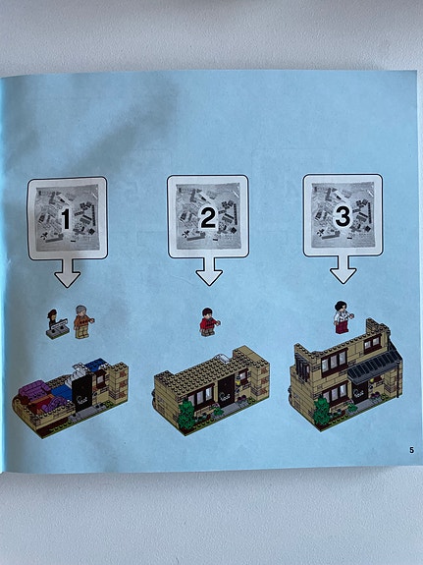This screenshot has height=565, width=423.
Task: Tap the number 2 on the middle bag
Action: [207, 218]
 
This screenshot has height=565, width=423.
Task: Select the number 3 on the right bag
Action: [343, 217]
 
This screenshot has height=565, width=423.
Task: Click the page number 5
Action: [412, 450]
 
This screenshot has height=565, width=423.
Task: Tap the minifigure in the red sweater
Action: [208, 321]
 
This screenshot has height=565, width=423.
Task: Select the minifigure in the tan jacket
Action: [82, 323]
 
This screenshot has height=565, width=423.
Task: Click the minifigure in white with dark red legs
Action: [342, 316]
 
